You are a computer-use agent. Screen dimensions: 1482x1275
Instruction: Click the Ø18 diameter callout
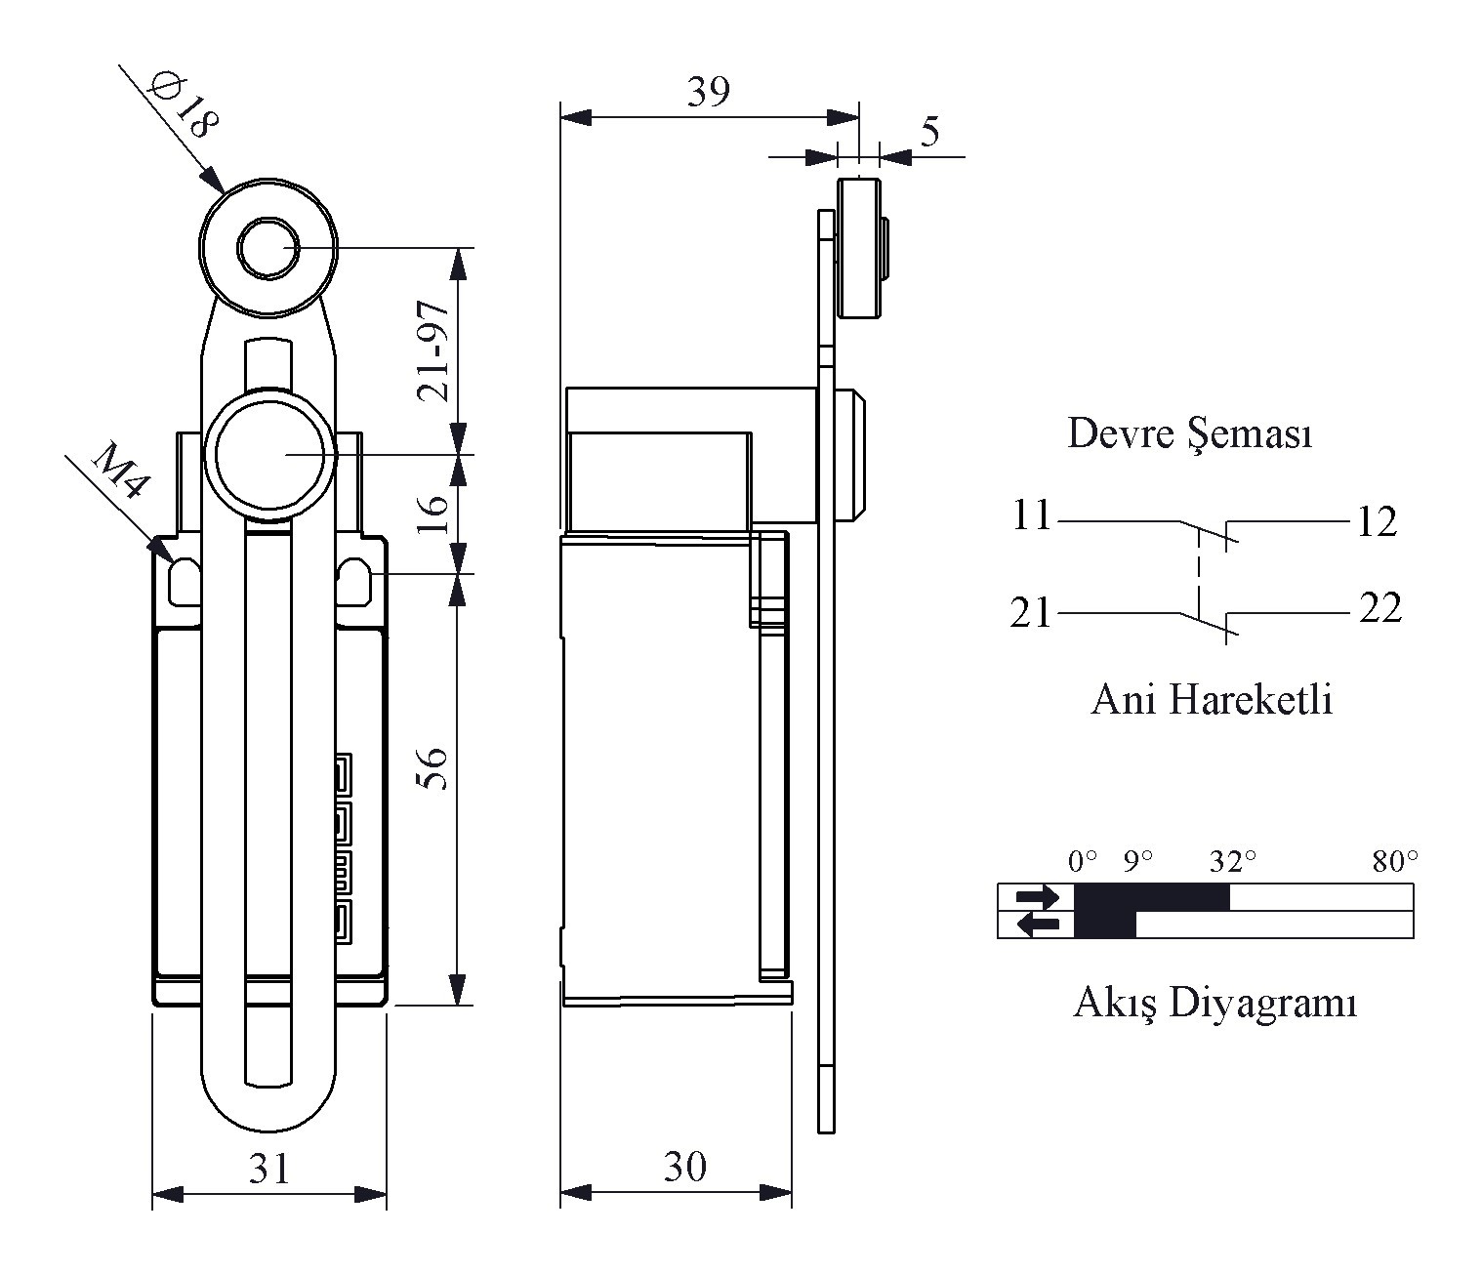pyautogui.click(x=183, y=104)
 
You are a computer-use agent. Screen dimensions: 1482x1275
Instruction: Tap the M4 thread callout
pyautogui.click(x=121, y=471)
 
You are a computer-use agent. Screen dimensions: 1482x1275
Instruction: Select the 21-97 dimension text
pyautogui.click(x=432, y=351)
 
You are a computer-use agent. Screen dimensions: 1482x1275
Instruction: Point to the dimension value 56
pyautogui.click(x=432, y=768)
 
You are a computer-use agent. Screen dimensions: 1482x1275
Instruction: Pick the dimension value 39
pyautogui.click(x=709, y=91)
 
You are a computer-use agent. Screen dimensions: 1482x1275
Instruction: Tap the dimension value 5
pyautogui.click(x=930, y=132)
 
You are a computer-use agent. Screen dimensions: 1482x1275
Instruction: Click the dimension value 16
pyautogui.click(x=432, y=514)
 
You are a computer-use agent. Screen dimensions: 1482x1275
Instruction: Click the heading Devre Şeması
pyautogui.click(x=1190, y=434)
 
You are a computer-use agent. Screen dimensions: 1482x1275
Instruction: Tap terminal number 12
pyautogui.click(x=1378, y=522)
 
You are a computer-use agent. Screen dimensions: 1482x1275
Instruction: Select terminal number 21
pyautogui.click(x=1030, y=613)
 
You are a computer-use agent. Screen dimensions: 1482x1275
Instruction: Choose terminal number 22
pyautogui.click(x=1380, y=608)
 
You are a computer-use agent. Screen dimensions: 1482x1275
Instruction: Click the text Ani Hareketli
pyautogui.click(x=1212, y=700)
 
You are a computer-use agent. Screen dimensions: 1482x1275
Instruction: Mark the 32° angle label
pyautogui.click(x=1232, y=860)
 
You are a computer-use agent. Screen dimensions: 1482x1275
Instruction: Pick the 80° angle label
pyautogui.click(x=1395, y=860)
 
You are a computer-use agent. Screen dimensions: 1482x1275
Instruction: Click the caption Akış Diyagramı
pyautogui.click(x=1215, y=1004)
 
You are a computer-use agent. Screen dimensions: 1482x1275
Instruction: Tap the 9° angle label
pyautogui.click(x=1137, y=860)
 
